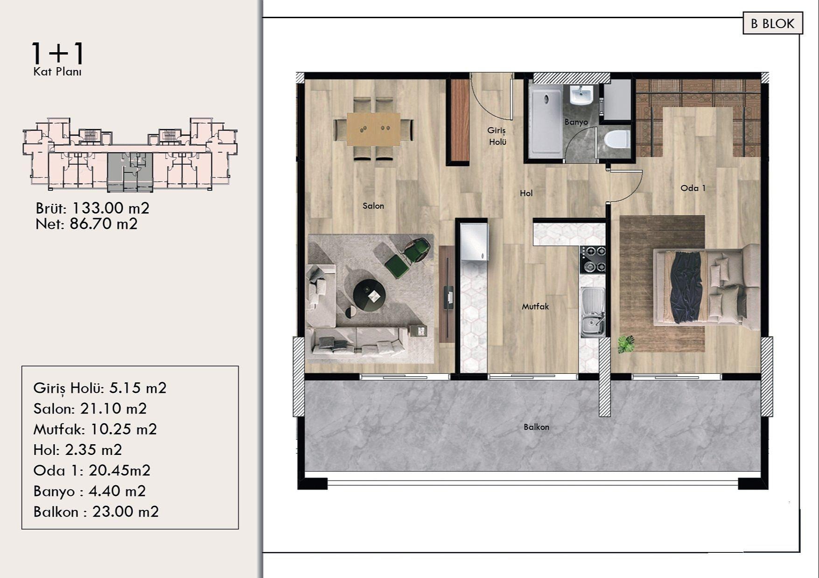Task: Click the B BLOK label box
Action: click(x=772, y=23)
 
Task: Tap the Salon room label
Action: click(x=373, y=206)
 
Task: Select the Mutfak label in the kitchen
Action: click(x=535, y=306)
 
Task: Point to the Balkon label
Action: click(x=536, y=427)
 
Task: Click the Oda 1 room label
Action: click(x=693, y=188)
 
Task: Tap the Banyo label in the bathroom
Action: click(x=576, y=122)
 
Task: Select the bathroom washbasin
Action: click(x=581, y=95)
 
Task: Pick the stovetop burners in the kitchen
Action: click(x=593, y=260)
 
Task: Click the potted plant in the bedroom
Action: click(x=625, y=344)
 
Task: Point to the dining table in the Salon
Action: click(x=373, y=128)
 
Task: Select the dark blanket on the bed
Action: click(x=686, y=286)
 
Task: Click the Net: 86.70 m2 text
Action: click(x=86, y=224)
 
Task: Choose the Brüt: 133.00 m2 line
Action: click(x=92, y=208)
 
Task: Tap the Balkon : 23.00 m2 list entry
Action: click(x=96, y=512)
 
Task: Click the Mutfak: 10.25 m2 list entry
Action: click(x=95, y=429)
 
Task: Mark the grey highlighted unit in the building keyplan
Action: click(x=130, y=172)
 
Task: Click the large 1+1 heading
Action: click(x=58, y=53)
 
